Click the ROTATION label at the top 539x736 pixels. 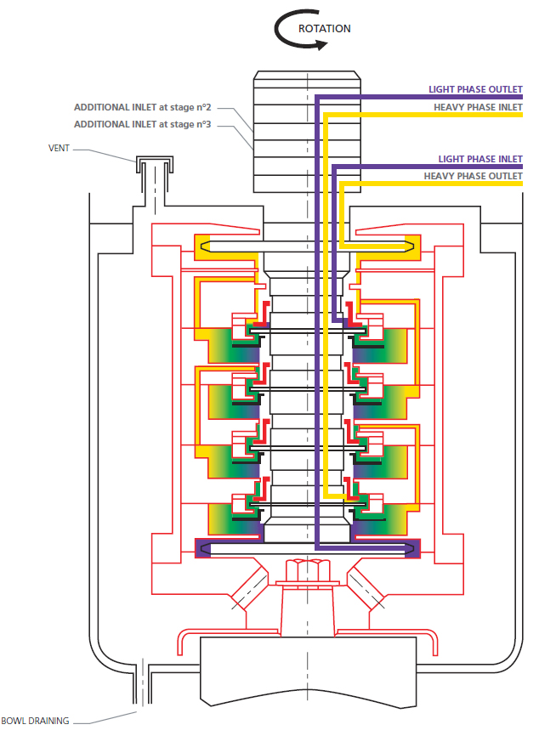tap(324, 28)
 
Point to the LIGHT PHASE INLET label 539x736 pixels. tap(480, 159)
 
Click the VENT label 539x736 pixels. tap(58, 147)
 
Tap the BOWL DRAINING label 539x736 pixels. tap(35, 721)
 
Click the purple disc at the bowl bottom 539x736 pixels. tap(307, 548)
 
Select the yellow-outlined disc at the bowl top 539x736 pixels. tap(307, 246)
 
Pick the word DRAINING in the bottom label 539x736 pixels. tap(49, 721)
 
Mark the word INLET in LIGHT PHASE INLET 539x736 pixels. tap(508, 159)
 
